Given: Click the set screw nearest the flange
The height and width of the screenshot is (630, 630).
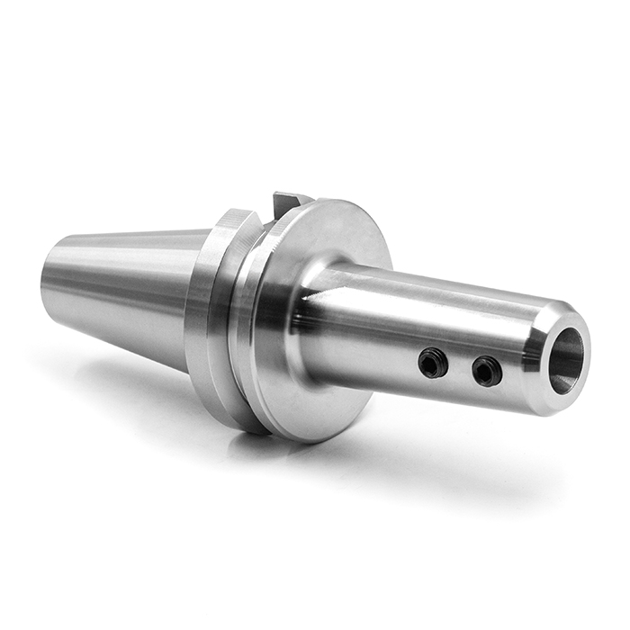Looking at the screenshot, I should coord(432,363).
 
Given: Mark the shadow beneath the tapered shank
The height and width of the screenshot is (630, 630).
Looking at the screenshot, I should coord(117,378).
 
